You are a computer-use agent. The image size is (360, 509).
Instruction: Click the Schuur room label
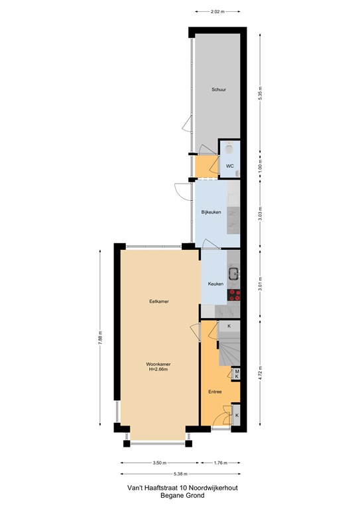[x=219, y=89]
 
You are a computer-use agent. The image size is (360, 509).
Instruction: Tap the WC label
[x=230, y=166]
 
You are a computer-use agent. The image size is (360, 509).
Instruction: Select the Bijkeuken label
[x=211, y=212]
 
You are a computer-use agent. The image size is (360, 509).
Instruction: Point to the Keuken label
[x=216, y=284]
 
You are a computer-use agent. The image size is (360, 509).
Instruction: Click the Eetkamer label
[x=159, y=302]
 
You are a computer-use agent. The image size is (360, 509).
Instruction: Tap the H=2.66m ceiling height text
[x=158, y=369]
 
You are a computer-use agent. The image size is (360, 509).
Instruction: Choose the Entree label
[x=215, y=392]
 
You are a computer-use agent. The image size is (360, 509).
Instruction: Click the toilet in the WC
[x=229, y=148]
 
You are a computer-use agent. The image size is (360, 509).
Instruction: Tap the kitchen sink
[x=234, y=274]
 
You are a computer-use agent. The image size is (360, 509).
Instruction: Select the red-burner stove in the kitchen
[x=234, y=295]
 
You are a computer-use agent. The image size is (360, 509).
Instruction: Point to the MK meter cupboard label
[x=237, y=374]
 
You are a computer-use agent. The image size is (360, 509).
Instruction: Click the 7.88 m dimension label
[x=100, y=337]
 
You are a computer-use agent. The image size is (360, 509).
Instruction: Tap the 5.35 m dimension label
[x=260, y=93]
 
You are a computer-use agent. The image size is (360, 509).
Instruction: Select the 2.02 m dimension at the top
[x=217, y=12]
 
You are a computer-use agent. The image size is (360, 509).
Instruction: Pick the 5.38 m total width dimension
[x=180, y=474]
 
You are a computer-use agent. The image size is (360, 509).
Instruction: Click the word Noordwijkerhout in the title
[x=213, y=488]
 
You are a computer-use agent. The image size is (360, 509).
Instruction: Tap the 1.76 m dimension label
[x=221, y=463]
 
